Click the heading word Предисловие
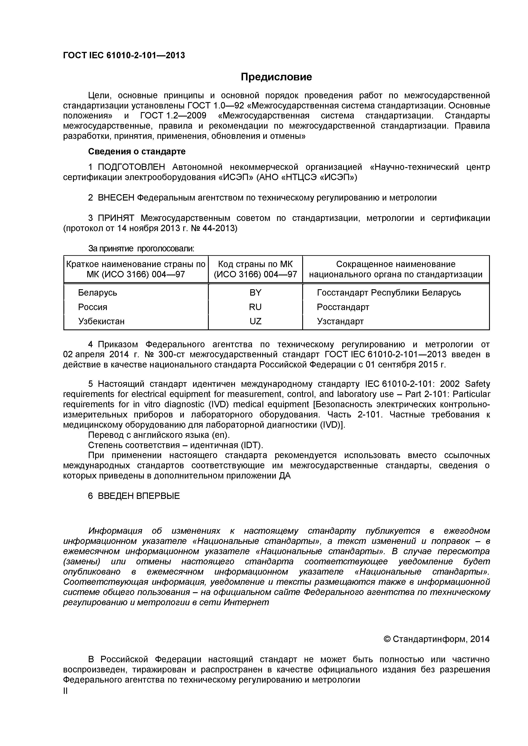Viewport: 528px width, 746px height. [x=276, y=77]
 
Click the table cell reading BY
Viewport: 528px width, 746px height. [x=255, y=293]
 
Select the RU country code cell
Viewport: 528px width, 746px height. [x=255, y=307]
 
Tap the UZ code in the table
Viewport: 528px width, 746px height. [x=255, y=321]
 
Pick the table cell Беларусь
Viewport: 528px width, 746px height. [x=97, y=293]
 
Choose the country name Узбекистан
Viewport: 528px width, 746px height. [x=101, y=321]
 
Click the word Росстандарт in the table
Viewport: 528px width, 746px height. [x=343, y=307]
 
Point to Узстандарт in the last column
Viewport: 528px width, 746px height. [x=340, y=321]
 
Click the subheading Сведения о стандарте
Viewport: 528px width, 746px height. [x=137, y=151]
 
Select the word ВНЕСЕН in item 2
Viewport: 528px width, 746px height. [x=115, y=198]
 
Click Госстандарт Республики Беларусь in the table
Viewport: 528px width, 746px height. [x=389, y=293]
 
